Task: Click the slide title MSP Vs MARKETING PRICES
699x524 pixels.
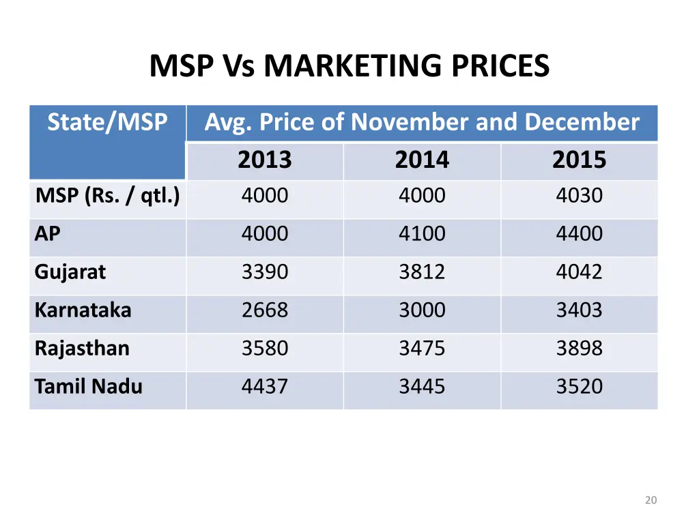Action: click(x=349, y=66)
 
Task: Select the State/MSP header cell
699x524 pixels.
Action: click(x=107, y=123)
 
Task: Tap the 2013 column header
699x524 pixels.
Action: click(x=265, y=160)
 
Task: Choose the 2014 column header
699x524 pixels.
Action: click(x=422, y=160)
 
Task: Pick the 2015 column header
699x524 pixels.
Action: click(x=579, y=160)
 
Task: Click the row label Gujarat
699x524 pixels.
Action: click(x=70, y=272)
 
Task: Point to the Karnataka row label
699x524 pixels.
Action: click(x=83, y=310)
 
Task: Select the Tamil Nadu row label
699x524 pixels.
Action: click(x=89, y=387)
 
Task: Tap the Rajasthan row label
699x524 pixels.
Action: click(x=82, y=349)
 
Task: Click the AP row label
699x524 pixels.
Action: click(x=48, y=234)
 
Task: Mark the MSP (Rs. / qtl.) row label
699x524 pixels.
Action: click(x=107, y=196)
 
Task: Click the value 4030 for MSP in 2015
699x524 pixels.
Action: click(x=579, y=196)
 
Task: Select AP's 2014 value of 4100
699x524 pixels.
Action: click(x=422, y=234)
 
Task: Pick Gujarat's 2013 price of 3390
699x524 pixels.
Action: click(x=265, y=272)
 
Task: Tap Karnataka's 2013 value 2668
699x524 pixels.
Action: click(x=265, y=310)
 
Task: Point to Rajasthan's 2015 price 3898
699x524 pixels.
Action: click(x=579, y=349)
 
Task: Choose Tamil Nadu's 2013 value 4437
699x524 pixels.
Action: click(x=265, y=387)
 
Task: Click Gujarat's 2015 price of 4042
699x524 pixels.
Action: click(x=579, y=272)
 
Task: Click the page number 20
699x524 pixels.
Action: click(x=651, y=501)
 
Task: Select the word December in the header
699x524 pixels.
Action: click(x=582, y=123)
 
